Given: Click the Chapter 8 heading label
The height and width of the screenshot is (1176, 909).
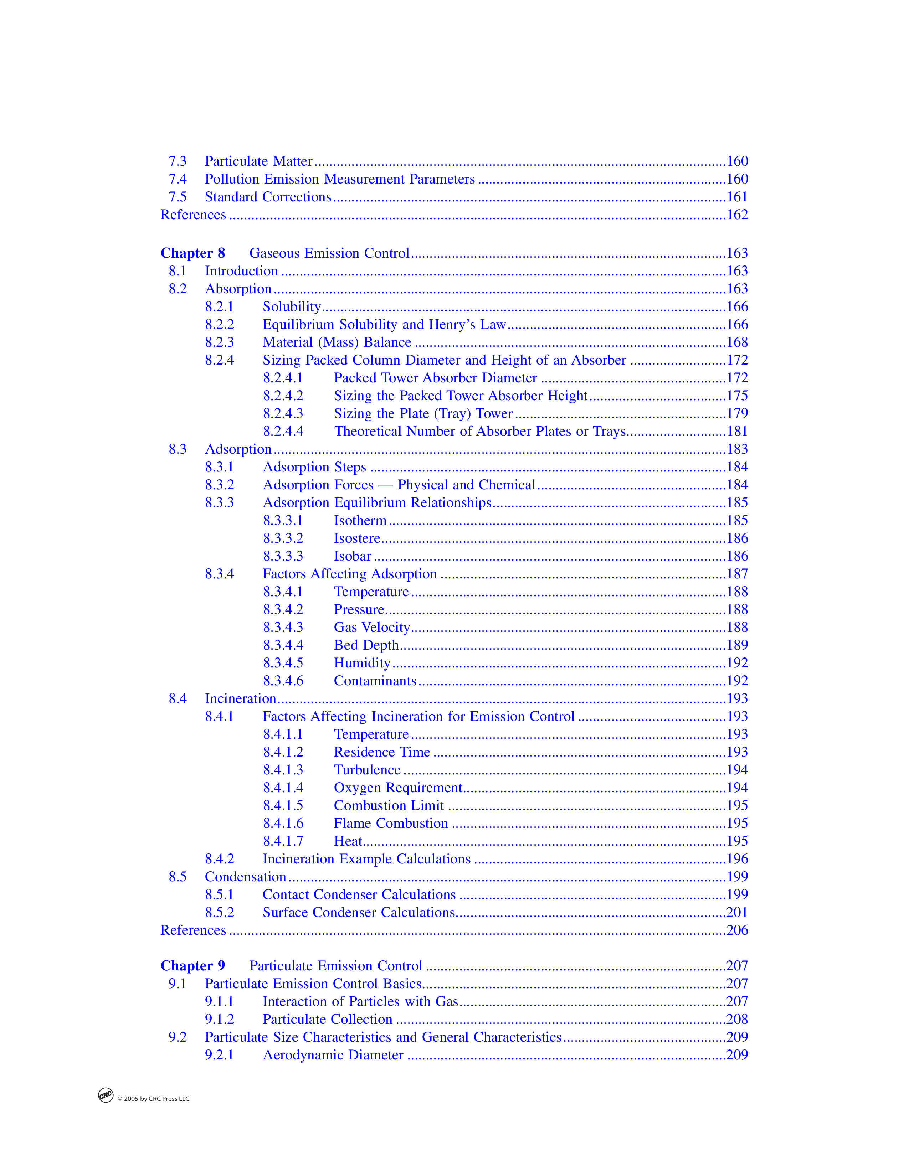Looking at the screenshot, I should pyautogui.click(x=192, y=253).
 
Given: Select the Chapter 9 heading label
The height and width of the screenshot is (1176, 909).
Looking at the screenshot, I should pyautogui.click(x=192, y=965).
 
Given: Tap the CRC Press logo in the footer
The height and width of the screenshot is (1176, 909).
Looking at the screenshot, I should pyautogui.click(x=106, y=1095).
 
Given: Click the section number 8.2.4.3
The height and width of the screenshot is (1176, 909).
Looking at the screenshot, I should pyautogui.click(x=283, y=413).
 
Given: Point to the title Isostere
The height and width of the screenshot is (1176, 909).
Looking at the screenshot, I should pyautogui.click(x=356, y=538).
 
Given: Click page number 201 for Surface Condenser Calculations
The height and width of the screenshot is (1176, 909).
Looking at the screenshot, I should pyautogui.click(x=737, y=912).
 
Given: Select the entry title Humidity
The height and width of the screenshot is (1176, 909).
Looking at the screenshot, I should pyautogui.click(x=362, y=663).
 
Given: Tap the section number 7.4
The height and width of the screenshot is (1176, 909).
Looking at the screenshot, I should pyautogui.click(x=177, y=179).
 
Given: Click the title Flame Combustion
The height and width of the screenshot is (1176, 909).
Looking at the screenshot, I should pyautogui.click(x=390, y=823).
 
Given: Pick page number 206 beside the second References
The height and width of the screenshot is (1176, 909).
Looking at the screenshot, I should pyautogui.click(x=737, y=930).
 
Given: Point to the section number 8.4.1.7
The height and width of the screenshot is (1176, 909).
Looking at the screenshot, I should pyautogui.click(x=283, y=841).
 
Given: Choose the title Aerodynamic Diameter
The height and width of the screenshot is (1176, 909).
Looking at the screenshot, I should pyautogui.click(x=333, y=1055).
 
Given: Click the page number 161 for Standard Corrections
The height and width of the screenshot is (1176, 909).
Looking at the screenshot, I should pyautogui.click(x=737, y=197).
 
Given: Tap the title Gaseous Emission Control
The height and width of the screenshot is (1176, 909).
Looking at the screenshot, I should pyautogui.click(x=329, y=253).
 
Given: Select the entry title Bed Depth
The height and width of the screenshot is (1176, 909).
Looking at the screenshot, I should pyautogui.click(x=366, y=645).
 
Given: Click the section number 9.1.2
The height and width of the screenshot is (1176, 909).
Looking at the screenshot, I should pyautogui.click(x=219, y=1019).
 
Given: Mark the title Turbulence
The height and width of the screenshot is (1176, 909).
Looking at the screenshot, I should pyautogui.click(x=367, y=770).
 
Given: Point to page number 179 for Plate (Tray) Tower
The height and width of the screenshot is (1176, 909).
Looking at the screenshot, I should pyautogui.click(x=737, y=413).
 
